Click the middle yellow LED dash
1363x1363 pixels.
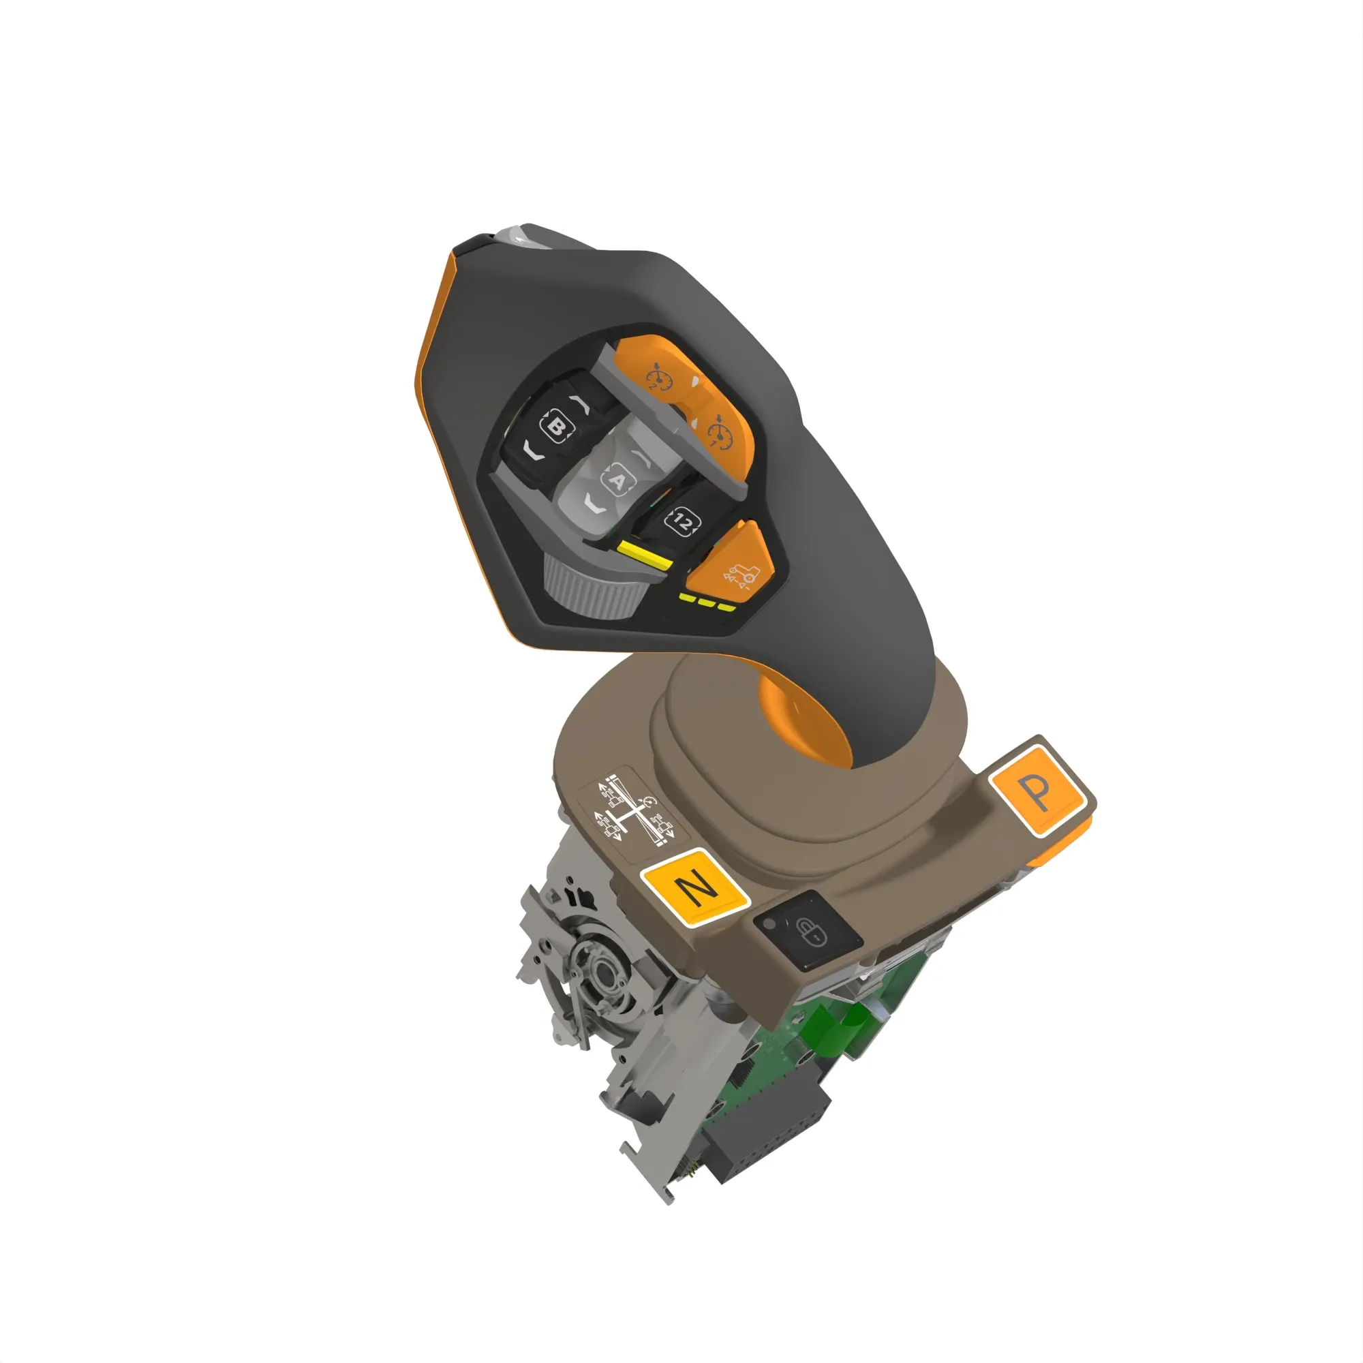[x=707, y=603]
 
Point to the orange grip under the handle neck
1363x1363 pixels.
[x=804, y=720]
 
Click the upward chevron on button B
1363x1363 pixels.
[x=583, y=405]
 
